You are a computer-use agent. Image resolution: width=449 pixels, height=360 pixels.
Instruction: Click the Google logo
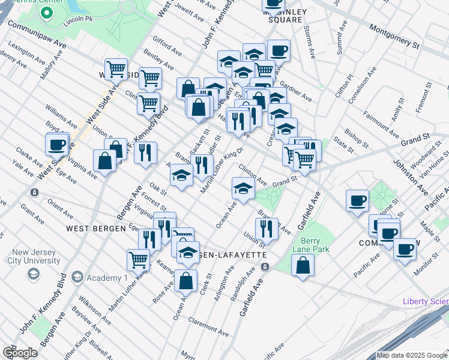pos(20,353)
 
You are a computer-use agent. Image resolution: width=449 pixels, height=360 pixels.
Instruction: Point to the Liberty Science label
pos(426,301)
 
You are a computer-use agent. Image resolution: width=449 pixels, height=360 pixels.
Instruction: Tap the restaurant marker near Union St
pos(266,229)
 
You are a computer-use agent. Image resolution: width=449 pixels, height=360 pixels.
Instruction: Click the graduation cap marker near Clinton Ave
pos(243,188)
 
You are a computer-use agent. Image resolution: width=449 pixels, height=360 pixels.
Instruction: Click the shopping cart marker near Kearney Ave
pos(138,260)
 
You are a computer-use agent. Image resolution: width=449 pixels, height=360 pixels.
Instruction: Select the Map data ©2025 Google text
pos(412,355)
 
